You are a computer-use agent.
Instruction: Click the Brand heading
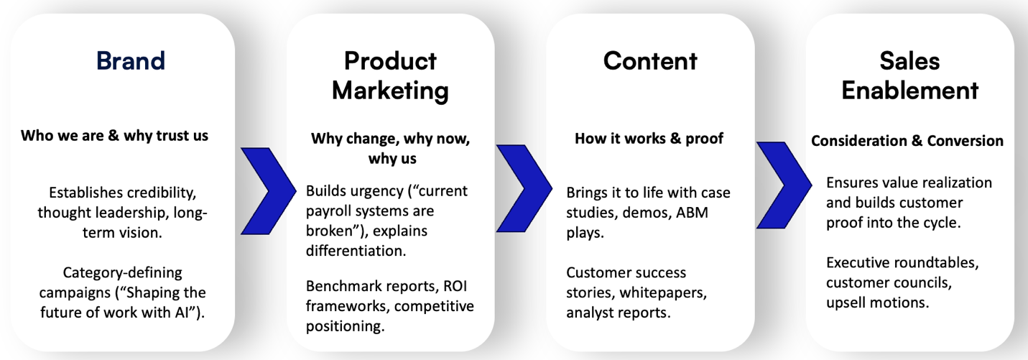point(131,61)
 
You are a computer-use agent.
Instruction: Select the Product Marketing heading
point(390,75)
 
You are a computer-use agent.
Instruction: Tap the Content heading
point(650,61)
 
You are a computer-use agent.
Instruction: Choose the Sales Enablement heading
point(909,75)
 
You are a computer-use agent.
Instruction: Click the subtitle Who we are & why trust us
point(114,135)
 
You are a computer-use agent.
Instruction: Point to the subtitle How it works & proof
point(649,139)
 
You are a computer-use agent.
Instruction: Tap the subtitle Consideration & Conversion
point(907,141)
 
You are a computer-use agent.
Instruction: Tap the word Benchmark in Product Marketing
point(341,286)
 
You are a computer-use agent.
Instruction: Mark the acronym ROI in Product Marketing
point(453,286)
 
